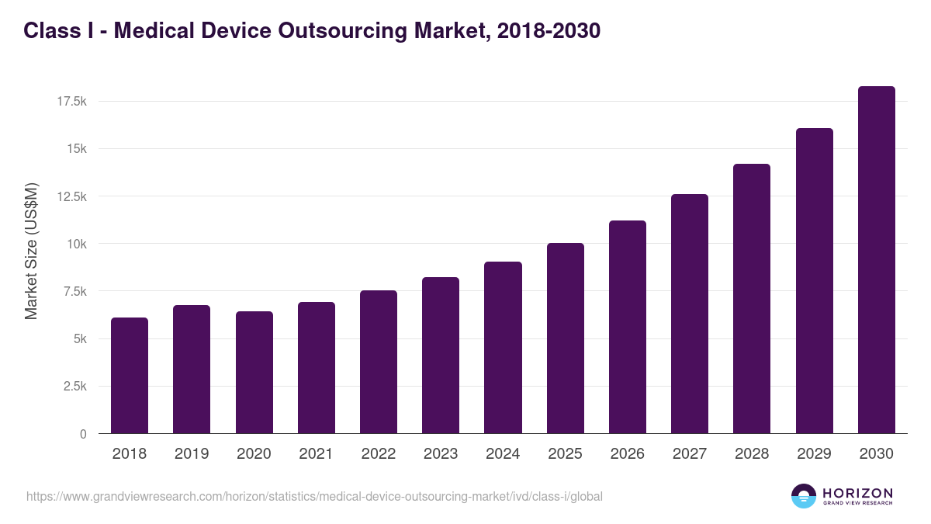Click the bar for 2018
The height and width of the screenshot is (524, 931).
[130, 376]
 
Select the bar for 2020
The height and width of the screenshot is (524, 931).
[254, 373]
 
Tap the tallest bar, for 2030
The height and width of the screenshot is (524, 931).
[876, 260]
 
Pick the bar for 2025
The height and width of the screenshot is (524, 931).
[565, 338]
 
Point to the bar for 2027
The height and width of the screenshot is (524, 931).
[690, 314]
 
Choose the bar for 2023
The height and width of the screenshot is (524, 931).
[441, 356]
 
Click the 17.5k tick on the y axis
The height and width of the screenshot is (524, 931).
[69, 101]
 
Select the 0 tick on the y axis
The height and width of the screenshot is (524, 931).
[81, 434]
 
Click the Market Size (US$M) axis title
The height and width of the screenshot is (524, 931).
[31, 252]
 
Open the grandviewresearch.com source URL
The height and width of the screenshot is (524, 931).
[314, 496]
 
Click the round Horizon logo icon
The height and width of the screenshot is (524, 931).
[804, 496]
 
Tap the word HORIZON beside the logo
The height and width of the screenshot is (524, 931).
[857, 492]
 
